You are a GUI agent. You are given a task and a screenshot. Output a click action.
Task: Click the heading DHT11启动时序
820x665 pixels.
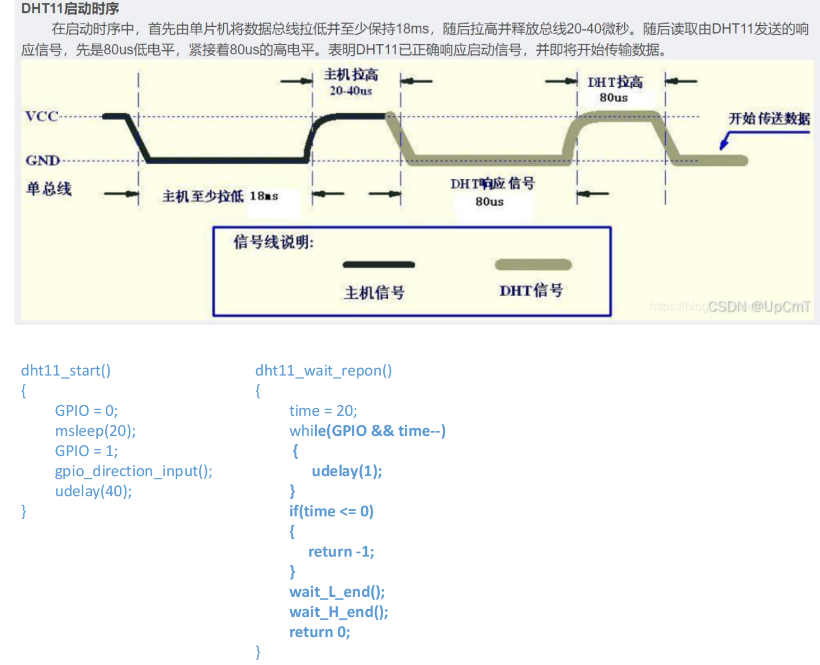(x=70, y=8)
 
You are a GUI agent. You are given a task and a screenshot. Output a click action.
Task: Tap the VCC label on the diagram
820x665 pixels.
(x=41, y=116)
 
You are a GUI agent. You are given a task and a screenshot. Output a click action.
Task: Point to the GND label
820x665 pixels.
(x=43, y=160)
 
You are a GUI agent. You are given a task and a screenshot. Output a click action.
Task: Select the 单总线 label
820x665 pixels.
(x=49, y=188)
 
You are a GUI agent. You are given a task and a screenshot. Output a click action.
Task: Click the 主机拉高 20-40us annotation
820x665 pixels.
(x=351, y=82)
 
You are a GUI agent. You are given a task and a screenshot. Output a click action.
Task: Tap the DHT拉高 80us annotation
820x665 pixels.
(x=615, y=89)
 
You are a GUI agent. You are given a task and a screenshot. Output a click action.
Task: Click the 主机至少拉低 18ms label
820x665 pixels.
(x=220, y=196)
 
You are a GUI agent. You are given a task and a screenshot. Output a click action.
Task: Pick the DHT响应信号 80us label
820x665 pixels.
(x=492, y=192)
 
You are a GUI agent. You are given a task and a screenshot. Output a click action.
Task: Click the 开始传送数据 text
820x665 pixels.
(x=769, y=118)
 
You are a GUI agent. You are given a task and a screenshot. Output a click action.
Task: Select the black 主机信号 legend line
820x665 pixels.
(x=379, y=264)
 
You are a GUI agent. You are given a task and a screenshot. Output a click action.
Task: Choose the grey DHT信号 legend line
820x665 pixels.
(x=533, y=264)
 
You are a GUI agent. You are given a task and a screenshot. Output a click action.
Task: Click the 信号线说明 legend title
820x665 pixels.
(x=274, y=242)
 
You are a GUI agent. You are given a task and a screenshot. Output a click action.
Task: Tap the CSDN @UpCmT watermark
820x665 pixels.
(x=758, y=306)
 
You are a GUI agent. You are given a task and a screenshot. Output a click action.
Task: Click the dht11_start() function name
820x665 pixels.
(x=65, y=370)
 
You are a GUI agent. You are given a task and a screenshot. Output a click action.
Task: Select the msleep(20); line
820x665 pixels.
(x=95, y=431)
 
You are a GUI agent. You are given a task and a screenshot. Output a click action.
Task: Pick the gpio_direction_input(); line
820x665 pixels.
(x=134, y=471)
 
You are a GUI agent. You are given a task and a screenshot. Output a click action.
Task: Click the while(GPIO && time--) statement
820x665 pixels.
(x=367, y=431)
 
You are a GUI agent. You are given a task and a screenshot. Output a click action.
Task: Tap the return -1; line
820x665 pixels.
(x=341, y=552)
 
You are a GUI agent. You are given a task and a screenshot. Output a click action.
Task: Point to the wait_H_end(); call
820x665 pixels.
(x=338, y=612)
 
